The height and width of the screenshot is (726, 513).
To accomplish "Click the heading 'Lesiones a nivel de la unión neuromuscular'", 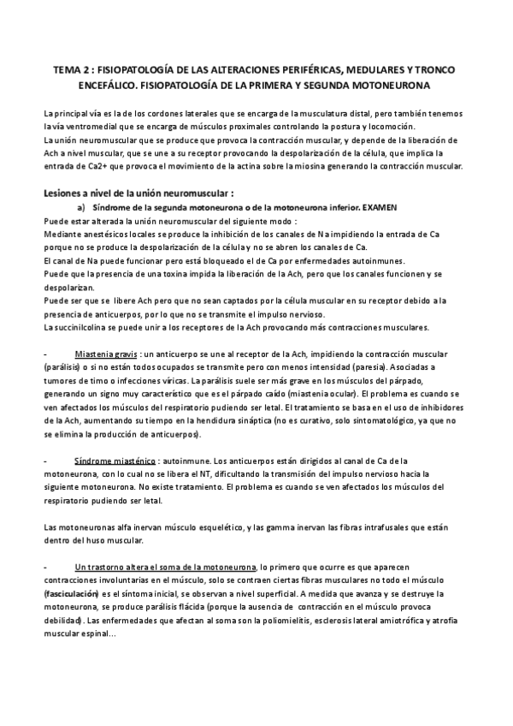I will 139,193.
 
